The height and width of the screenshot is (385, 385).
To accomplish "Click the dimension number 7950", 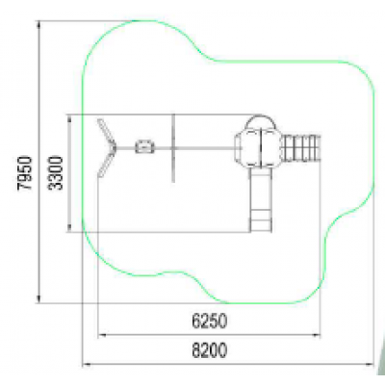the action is [x=25, y=173].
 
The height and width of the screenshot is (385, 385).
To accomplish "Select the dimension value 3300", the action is [x=56, y=173].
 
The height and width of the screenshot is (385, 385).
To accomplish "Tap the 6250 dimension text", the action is [x=210, y=321].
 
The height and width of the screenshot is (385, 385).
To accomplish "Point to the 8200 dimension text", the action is [x=210, y=350].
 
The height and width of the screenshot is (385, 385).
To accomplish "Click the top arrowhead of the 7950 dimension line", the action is [x=39, y=24].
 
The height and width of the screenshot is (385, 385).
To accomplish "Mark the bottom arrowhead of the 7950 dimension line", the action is [x=39, y=299].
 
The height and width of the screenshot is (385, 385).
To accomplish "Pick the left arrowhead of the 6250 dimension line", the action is [x=101, y=335].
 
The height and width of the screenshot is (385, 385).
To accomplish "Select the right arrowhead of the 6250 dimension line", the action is [x=317, y=335].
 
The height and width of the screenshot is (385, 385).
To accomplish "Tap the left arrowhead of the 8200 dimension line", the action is [x=87, y=364].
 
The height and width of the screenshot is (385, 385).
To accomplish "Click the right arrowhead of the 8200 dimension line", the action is [x=371, y=364].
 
